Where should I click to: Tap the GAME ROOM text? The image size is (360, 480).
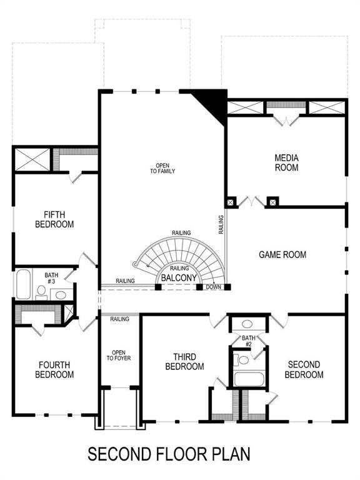click(x=282, y=254)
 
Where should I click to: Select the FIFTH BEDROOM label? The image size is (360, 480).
click(x=54, y=219)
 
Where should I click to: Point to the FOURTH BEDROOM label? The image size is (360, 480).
click(x=56, y=370)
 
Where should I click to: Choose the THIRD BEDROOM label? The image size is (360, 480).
click(x=184, y=362)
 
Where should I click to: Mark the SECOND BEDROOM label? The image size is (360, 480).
click(x=304, y=369)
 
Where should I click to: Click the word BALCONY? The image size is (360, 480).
click(x=179, y=277)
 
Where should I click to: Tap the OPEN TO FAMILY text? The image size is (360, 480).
click(x=162, y=168)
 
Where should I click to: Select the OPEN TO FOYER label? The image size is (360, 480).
click(x=119, y=356)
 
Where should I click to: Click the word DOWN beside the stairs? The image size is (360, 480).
click(x=213, y=287)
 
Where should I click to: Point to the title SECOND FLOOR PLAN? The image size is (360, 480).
click(x=169, y=453)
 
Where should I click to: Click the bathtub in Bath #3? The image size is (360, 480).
click(x=24, y=285)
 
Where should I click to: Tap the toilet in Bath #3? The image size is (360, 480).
click(x=41, y=291)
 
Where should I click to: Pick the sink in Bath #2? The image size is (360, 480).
click(x=247, y=324)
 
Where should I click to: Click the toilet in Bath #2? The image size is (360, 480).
click(x=242, y=359)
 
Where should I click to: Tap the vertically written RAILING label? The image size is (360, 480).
click(x=221, y=225)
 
